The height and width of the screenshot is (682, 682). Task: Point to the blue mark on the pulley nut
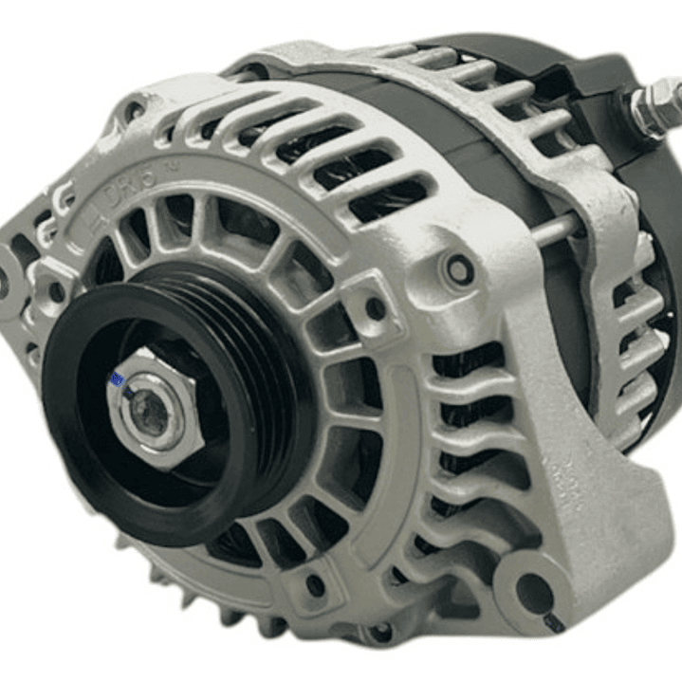point(118,381)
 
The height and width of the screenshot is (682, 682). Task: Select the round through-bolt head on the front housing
point(460,270)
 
